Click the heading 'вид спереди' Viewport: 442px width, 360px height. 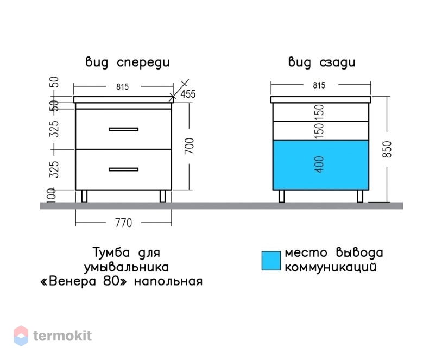(x=128, y=62)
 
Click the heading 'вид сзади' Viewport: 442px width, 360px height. (x=321, y=62)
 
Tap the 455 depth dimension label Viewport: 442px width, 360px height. (x=188, y=94)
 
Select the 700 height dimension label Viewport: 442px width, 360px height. (x=190, y=146)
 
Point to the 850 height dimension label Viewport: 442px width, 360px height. (x=387, y=149)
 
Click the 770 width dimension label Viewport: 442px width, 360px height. (x=123, y=223)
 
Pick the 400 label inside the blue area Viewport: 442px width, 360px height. (x=319, y=165)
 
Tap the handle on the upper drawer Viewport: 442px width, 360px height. (x=123, y=129)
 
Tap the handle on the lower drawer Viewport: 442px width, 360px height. (x=123, y=169)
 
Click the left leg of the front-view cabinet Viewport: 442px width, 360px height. (x=84, y=196)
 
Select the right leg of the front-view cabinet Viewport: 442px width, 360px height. (x=163, y=196)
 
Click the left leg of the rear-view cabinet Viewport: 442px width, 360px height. (x=282, y=196)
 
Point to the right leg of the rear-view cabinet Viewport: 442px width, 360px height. (x=360, y=196)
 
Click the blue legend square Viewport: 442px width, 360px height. (x=271, y=261)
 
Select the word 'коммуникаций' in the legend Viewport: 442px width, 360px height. (x=330, y=267)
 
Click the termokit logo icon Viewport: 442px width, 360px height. (x=21, y=336)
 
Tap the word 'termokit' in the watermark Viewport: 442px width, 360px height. (x=62, y=336)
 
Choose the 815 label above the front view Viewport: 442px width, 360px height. (x=122, y=86)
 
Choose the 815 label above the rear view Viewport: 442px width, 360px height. (x=319, y=85)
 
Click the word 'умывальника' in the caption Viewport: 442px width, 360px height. (x=127, y=267)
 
